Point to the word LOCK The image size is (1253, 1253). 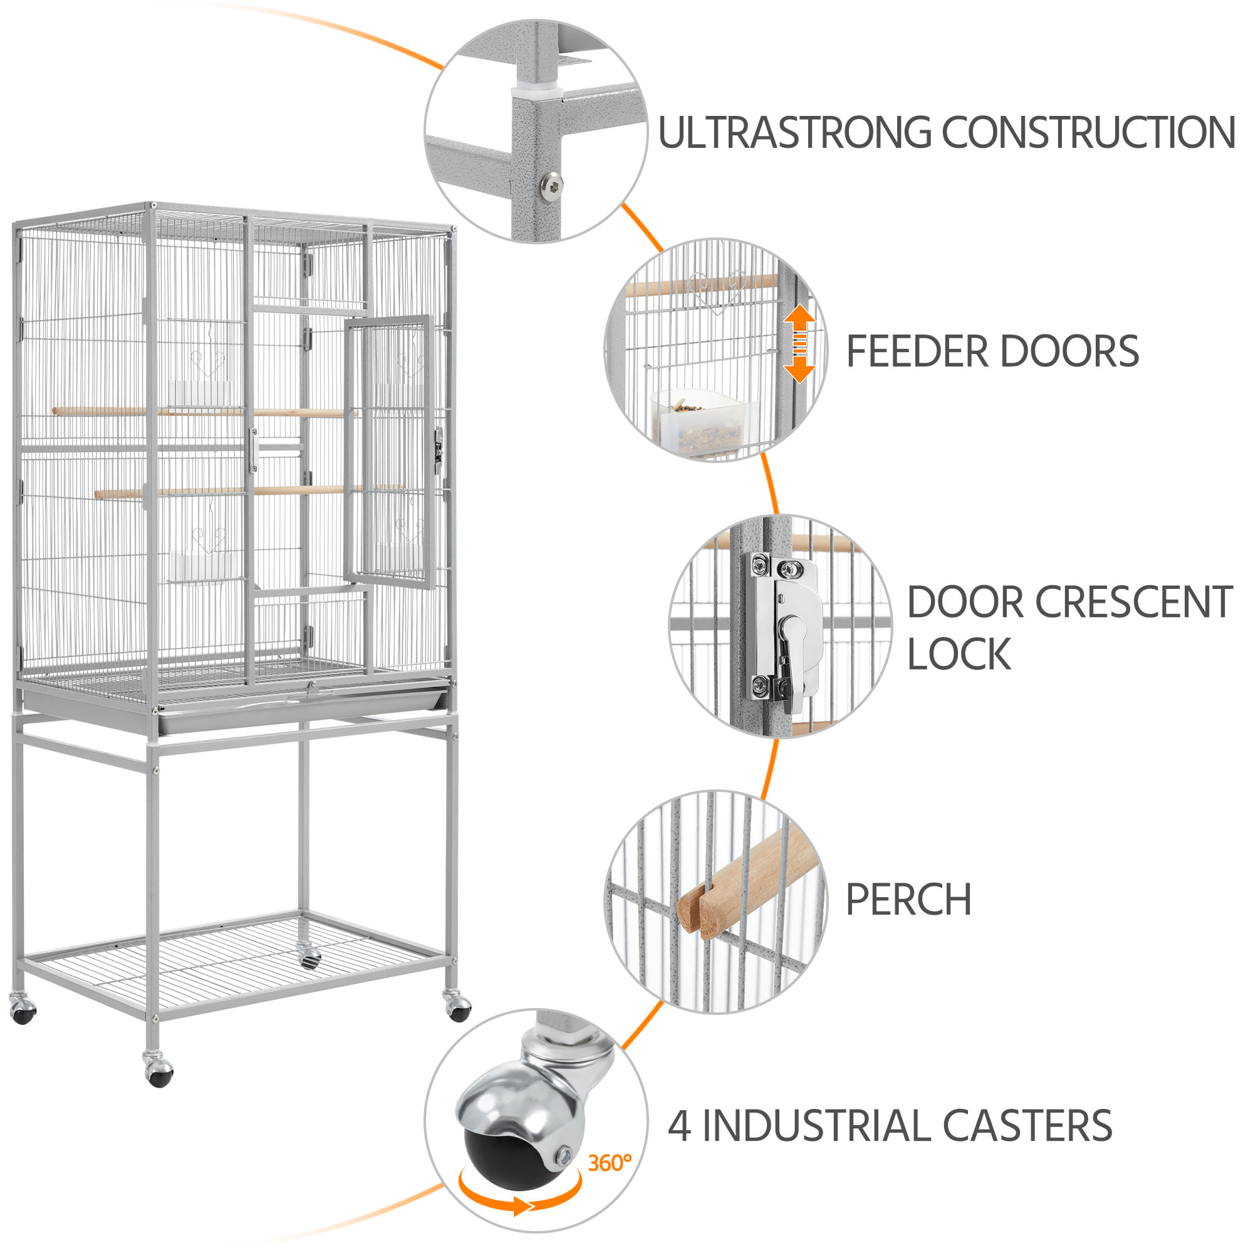tap(959, 655)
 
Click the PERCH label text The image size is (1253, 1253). tap(908, 900)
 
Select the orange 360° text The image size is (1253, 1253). tap(609, 1163)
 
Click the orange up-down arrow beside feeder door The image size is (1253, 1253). tap(799, 344)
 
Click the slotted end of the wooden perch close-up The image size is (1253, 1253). tap(700, 908)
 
